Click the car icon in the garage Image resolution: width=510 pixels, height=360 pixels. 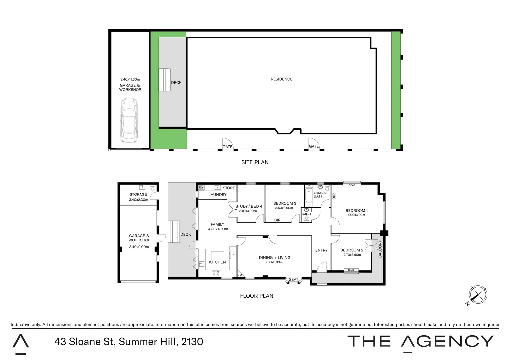pyautogui.click(x=129, y=120)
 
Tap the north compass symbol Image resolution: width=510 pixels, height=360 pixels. pyautogui.click(x=478, y=295)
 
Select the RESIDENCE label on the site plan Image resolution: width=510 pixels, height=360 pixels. pyautogui.click(x=281, y=79)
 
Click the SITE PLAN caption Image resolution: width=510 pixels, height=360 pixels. pyautogui.click(x=255, y=162)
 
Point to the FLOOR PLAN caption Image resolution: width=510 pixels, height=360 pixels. pyautogui.click(x=257, y=296)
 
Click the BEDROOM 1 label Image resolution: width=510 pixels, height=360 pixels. pyautogui.click(x=356, y=211)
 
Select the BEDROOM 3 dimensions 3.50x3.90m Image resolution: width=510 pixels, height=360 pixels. pyautogui.click(x=284, y=208)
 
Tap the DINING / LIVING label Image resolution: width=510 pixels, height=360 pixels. pyautogui.click(x=274, y=258)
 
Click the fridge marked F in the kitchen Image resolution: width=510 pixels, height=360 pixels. pyautogui.click(x=233, y=255)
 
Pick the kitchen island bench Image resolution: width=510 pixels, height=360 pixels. pyautogui.click(x=218, y=255)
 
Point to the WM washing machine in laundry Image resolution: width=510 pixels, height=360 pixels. pyautogui.click(x=201, y=187)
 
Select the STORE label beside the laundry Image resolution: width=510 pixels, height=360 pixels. pyautogui.click(x=229, y=188)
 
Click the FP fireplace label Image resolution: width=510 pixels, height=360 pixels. pyautogui.click(x=239, y=275)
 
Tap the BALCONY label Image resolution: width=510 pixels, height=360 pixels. pyautogui.click(x=380, y=249)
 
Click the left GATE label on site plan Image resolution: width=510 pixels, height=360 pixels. pyautogui.click(x=227, y=147)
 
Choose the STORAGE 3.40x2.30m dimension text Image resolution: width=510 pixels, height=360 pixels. pyautogui.click(x=138, y=200)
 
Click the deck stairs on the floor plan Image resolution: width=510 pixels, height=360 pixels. pyautogui.click(x=173, y=232)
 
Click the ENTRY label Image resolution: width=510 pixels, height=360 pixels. pyautogui.click(x=321, y=250)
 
